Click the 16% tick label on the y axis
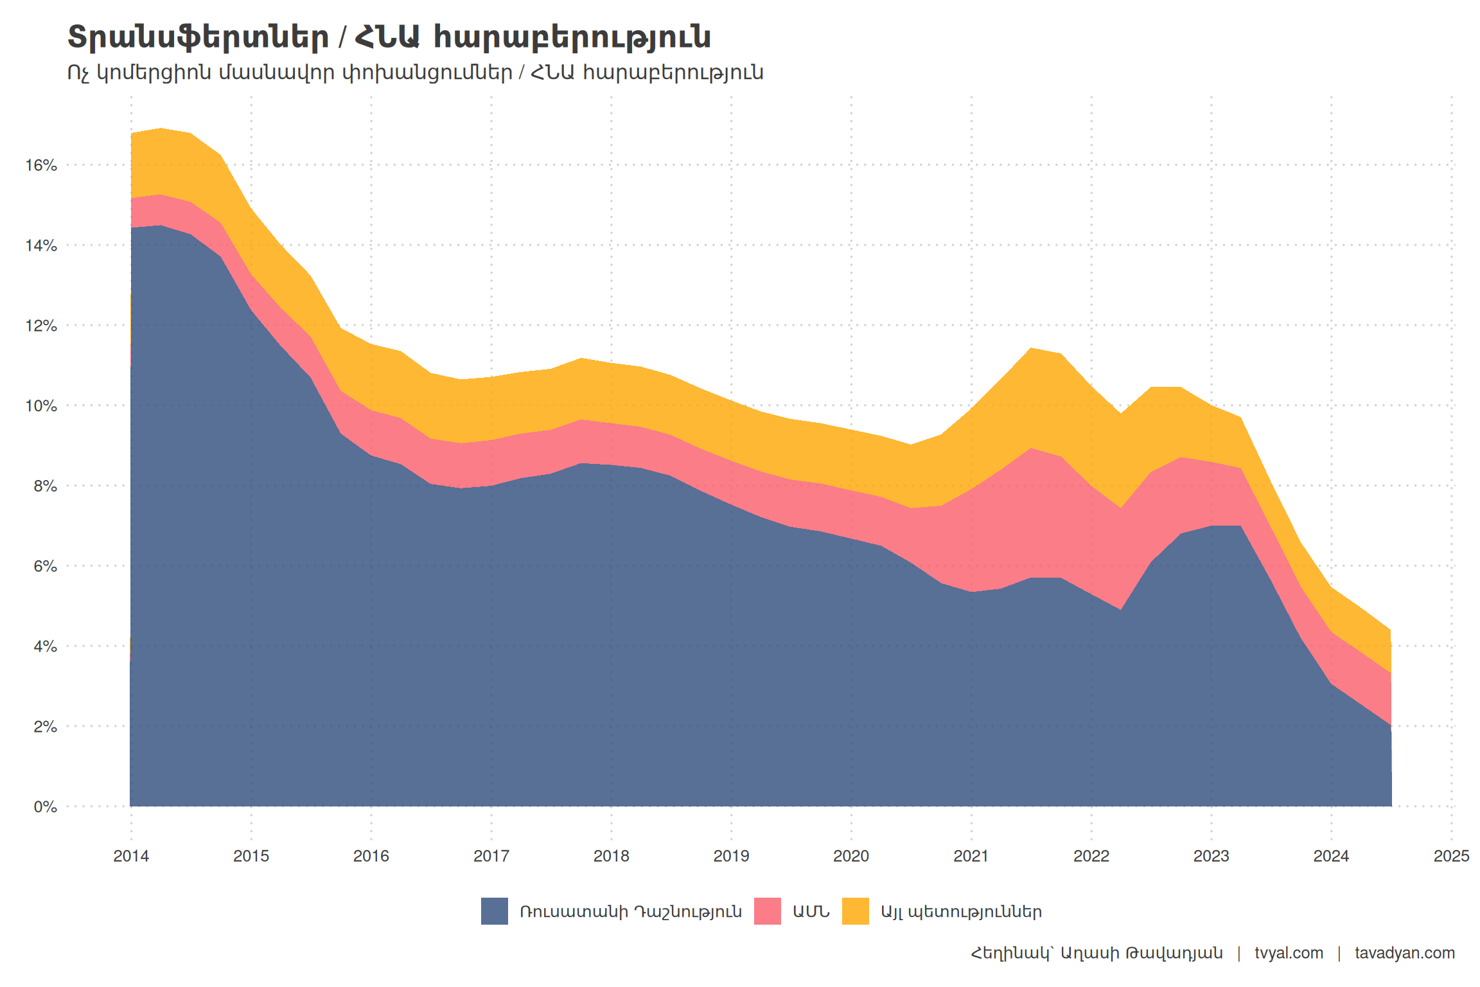(41, 166)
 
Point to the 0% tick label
(45, 806)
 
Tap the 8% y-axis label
(45, 486)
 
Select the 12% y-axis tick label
(41, 326)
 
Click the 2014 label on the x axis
(131, 856)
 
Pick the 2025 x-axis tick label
(1451, 856)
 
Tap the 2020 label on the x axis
(851, 856)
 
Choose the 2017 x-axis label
(491, 856)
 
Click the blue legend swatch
(495, 911)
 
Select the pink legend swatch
(767, 911)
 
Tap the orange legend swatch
(855, 911)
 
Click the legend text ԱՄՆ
(811, 912)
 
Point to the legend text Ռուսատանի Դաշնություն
(631, 912)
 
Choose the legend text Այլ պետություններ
(961, 912)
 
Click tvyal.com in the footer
(1289, 953)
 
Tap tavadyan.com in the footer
(1405, 953)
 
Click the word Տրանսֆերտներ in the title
(198, 37)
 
